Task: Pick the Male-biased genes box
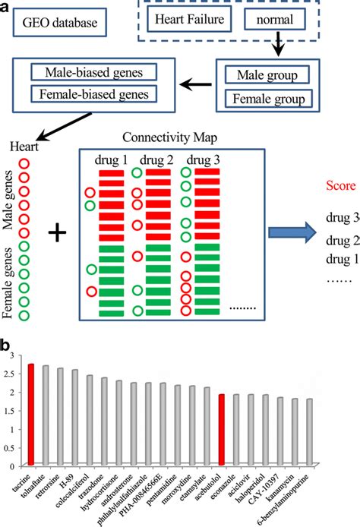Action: click(x=92, y=73)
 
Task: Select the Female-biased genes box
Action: click(x=92, y=93)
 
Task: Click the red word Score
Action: click(x=337, y=185)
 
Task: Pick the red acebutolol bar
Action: click(x=221, y=430)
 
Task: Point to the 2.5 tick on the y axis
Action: click(x=13, y=374)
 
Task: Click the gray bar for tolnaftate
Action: click(x=46, y=415)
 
